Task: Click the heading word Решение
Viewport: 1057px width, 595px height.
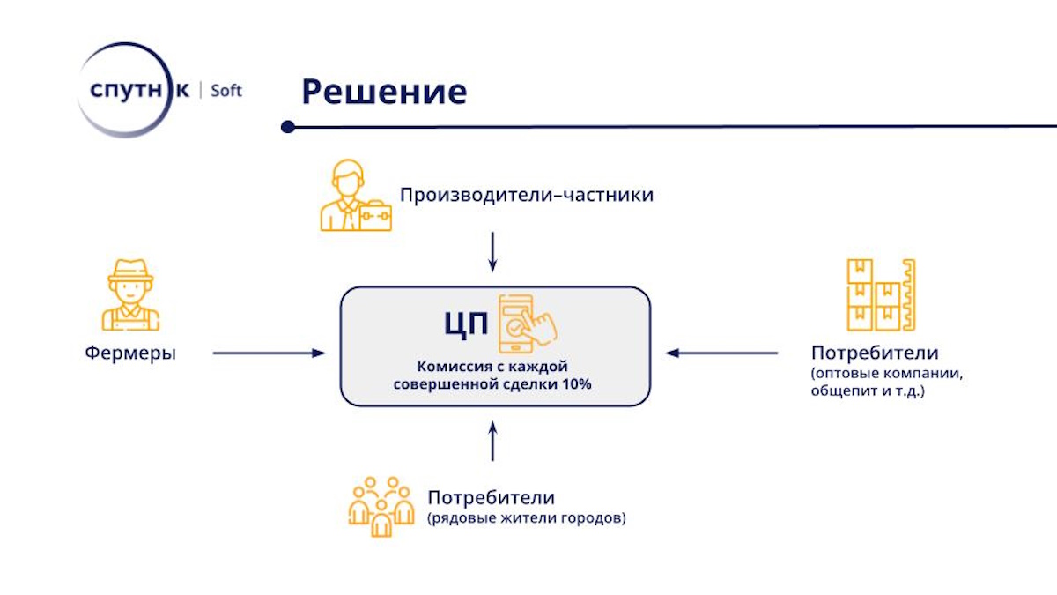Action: click(x=384, y=92)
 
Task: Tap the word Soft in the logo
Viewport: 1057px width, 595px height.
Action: click(x=226, y=90)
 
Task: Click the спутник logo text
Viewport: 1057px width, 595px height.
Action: click(x=139, y=90)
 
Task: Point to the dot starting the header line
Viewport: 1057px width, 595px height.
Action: click(x=288, y=127)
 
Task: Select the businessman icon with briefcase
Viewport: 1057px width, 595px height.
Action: click(x=356, y=195)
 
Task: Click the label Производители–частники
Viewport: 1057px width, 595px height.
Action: click(x=527, y=195)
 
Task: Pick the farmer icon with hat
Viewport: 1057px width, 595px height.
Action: click(x=130, y=294)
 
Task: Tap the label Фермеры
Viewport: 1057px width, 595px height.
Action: click(x=130, y=353)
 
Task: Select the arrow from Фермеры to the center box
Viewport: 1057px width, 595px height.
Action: click(x=269, y=353)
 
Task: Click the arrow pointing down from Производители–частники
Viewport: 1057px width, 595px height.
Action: click(x=492, y=252)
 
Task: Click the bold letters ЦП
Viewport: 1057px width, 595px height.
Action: click(x=466, y=324)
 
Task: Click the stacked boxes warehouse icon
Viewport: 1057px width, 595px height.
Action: click(x=881, y=294)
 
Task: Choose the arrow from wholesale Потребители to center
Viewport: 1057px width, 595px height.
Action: click(x=721, y=353)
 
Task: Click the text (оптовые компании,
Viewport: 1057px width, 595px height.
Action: click(x=887, y=373)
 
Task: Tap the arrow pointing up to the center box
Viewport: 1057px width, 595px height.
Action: click(x=492, y=441)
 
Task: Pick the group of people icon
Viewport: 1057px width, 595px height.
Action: click(x=381, y=507)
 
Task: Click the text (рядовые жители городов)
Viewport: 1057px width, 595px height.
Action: click(x=527, y=518)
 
